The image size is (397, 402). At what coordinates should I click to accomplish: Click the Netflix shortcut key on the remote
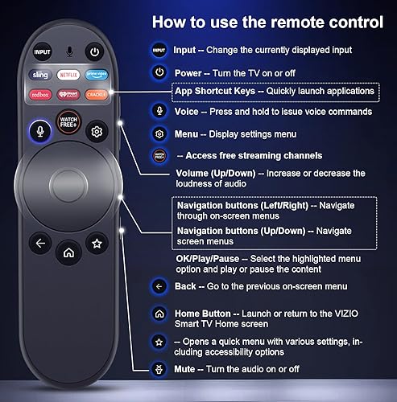68,75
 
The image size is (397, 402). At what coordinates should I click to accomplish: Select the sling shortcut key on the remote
41,75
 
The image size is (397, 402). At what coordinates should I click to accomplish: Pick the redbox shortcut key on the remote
41,93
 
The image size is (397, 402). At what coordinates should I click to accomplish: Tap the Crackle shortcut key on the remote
96,93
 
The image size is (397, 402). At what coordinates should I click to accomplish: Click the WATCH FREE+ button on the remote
68,124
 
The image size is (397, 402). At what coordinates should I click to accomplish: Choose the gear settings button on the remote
97,132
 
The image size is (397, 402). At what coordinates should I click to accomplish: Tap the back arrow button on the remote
39,242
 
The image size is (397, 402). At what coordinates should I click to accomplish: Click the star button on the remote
97,242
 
